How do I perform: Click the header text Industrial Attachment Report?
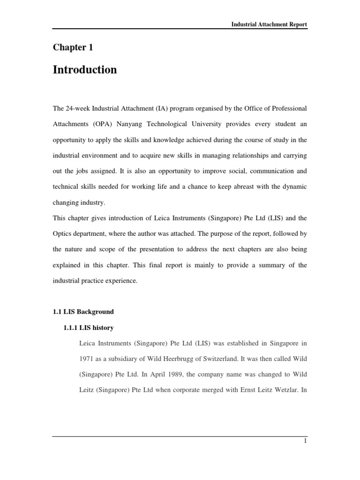click(269, 24)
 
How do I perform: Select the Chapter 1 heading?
click(69, 47)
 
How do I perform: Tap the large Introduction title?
click(85, 70)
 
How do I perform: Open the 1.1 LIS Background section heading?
click(83, 312)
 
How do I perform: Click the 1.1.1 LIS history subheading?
click(88, 328)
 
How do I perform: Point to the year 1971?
click(88, 359)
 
